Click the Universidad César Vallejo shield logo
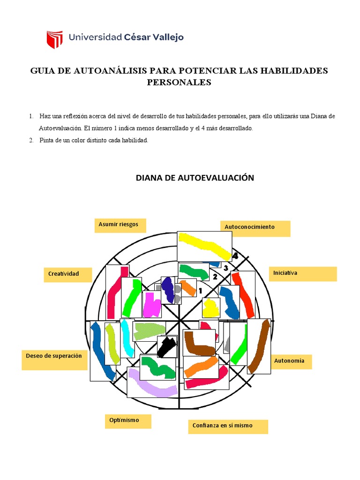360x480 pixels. (54, 39)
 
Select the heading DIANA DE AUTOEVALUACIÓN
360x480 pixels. (195, 178)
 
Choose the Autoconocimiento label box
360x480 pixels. (255, 228)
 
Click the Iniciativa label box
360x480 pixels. (302, 273)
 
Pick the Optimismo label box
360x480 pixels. (128, 421)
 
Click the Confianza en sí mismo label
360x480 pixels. (228, 426)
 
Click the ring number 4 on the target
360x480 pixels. (235, 256)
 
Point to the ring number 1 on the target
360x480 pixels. (200, 291)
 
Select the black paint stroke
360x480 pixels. (167, 346)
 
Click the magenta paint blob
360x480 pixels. (151, 305)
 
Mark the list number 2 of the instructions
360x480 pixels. (31, 140)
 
